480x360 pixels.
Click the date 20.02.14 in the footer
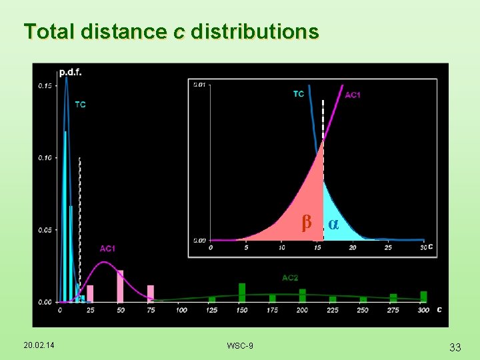pos(39,345)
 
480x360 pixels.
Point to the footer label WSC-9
pos(240,345)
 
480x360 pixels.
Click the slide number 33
pos(455,347)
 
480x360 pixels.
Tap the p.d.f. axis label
pos(70,73)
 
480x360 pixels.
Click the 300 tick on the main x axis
pos(423,310)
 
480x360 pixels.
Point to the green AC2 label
pos(290,277)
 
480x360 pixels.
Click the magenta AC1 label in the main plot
pos(107,249)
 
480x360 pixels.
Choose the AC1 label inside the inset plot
pos(353,95)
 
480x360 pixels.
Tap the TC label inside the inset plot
pos(298,94)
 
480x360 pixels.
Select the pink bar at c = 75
pos(151,293)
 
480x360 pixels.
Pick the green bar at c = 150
pos(242,292)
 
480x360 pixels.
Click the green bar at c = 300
pos(423,296)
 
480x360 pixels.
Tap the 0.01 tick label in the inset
pos(199,85)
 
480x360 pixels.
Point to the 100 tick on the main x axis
pos(181,310)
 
